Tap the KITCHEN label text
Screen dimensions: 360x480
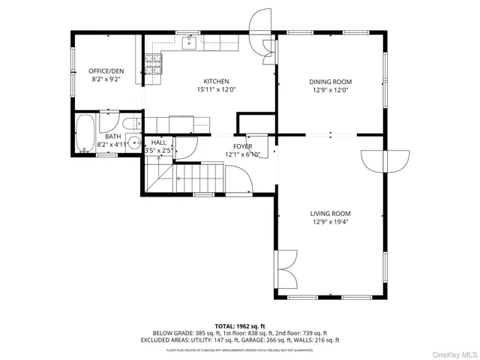coord(216,81)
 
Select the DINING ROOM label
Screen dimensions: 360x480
coord(331,82)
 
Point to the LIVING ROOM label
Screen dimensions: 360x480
coord(331,213)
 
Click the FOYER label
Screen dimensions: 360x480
coord(242,146)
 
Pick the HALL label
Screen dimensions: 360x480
coord(159,142)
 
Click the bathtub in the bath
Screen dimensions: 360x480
coord(85,132)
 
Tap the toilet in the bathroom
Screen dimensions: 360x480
coord(128,123)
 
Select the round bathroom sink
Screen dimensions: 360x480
coord(134,142)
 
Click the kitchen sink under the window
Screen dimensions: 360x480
coord(189,43)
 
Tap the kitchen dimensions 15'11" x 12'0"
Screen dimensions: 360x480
coord(216,90)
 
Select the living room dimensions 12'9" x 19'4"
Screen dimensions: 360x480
coord(331,222)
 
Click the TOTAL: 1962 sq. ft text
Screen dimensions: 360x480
coord(240,325)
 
